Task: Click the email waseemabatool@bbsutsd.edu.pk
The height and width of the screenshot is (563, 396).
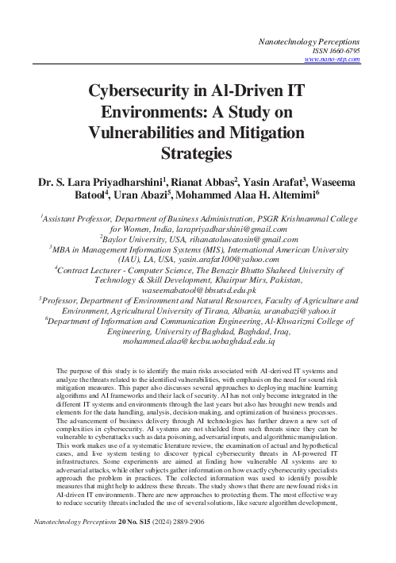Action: [x=198, y=293]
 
